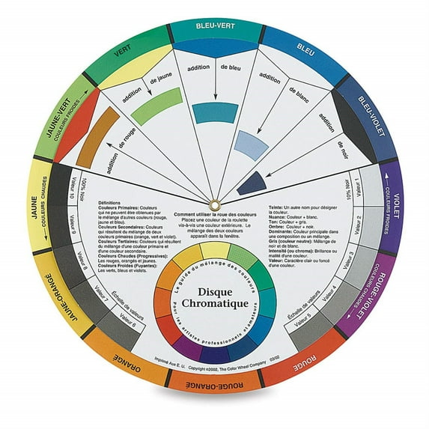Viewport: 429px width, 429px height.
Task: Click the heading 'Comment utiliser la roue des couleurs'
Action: pyautogui.click(x=213, y=213)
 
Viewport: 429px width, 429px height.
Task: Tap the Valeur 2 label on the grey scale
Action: pyautogui.click(x=355, y=222)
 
